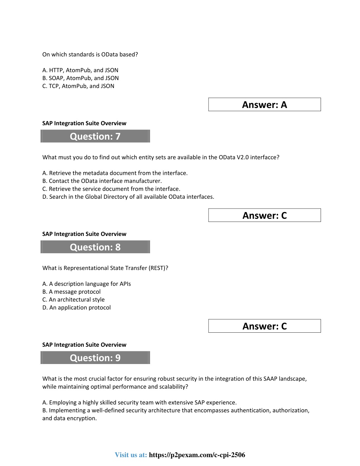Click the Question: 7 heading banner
click(95, 136)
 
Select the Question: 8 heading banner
click(95, 247)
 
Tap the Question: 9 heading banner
click(95, 358)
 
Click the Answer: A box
click(264, 104)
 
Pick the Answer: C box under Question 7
click(264, 215)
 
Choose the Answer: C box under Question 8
click(264, 326)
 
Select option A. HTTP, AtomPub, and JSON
click(80, 70)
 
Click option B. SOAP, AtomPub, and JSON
click(81, 78)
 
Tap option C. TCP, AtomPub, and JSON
click(78, 86)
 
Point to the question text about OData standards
click(90, 55)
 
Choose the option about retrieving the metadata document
click(115, 173)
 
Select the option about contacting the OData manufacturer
click(102, 181)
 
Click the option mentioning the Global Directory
click(128, 197)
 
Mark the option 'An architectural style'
click(73, 300)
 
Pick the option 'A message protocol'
click(71, 292)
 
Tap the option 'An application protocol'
click(76, 307)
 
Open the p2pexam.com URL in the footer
click(197, 455)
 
